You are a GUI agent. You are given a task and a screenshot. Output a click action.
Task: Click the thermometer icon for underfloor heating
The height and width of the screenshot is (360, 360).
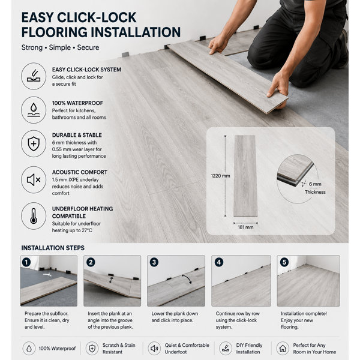tap(34, 216)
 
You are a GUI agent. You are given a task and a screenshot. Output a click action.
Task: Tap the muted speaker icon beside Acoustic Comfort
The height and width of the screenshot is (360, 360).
tap(34, 180)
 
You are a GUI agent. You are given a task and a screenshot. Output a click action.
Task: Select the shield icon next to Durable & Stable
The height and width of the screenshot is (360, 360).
tap(34, 144)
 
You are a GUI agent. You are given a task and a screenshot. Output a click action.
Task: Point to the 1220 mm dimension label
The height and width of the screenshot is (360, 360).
tap(220, 176)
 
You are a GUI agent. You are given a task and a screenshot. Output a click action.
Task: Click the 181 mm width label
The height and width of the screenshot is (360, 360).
tap(245, 227)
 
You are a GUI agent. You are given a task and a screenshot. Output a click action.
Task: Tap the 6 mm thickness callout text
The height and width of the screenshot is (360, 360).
tap(315, 188)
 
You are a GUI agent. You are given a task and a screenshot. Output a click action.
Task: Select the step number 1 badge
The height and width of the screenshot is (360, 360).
tap(26, 262)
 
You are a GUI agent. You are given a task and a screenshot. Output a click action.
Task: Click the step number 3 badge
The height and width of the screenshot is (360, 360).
tap(154, 262)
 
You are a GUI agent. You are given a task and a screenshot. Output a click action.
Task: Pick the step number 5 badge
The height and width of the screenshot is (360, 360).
tap(284, 262)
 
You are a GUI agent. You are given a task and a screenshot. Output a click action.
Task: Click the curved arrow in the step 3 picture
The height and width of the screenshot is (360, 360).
tap(188, 278)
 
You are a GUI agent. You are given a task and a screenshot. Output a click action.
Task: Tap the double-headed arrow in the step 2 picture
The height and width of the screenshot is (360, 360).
tap(111, 280)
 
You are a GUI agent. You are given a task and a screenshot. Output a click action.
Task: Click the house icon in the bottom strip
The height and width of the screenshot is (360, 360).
tap(283, 348)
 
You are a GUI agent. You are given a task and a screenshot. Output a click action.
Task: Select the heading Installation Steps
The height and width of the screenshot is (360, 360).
tap(53, 248)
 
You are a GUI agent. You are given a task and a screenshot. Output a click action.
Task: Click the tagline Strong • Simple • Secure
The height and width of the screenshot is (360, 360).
tap(60, 47)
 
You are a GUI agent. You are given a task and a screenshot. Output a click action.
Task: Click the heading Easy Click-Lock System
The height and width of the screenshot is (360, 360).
tap(86, 70)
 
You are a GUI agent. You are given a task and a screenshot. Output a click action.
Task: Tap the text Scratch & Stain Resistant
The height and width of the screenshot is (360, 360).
tap(119, 349)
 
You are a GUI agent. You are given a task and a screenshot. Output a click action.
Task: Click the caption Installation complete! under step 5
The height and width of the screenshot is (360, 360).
tap(304, 314)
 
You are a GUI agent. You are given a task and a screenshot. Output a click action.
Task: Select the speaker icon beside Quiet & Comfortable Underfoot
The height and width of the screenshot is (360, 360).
tap(154, 348)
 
